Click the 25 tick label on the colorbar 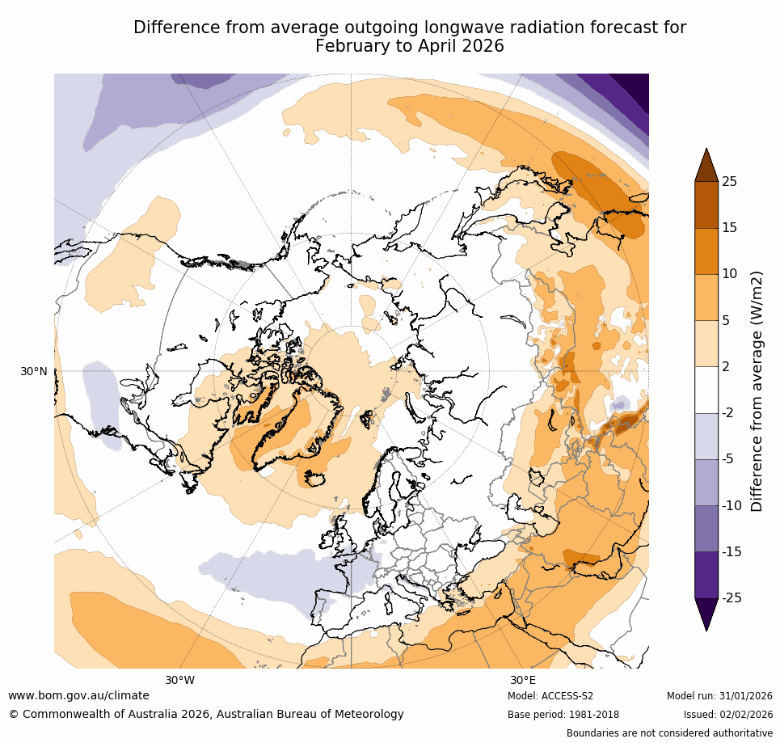click(729, 181)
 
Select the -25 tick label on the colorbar click(731, 597)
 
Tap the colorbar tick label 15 click(729, 227)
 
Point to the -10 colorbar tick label click(731, 505)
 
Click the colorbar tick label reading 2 click(725, 366)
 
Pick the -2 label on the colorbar click(727, 412)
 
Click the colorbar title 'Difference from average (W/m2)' click(757, 390)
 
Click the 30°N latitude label click(33, 371)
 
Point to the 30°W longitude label click(179, 680)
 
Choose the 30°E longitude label click(523, 680)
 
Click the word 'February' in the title click(349, 46)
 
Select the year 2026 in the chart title click(480, 46)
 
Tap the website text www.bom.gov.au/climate click(78, 695)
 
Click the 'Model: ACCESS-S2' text click(550, 696)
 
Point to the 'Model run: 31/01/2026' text click(719, 696)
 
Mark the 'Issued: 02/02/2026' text click(727, 715)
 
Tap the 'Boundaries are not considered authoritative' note click(669, 733)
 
